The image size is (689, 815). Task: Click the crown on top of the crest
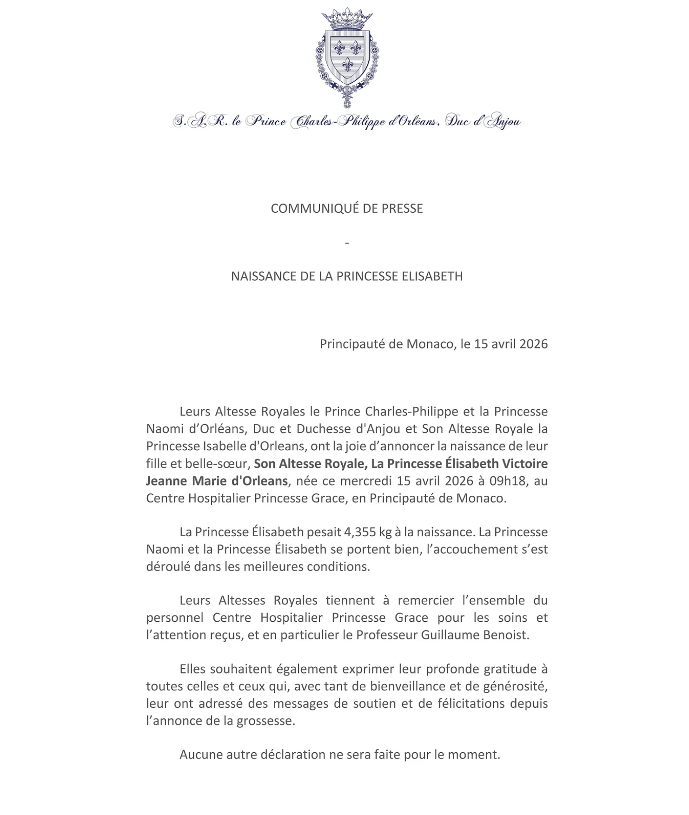[347, 19]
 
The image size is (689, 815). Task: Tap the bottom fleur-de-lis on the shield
[347, 64]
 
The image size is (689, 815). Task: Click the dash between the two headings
[347, 243]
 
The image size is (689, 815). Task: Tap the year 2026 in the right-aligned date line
[533, 344]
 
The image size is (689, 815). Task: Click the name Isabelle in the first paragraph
[225, 446]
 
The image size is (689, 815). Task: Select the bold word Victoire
[525, 464]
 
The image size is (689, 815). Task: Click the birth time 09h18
[513, 481]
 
